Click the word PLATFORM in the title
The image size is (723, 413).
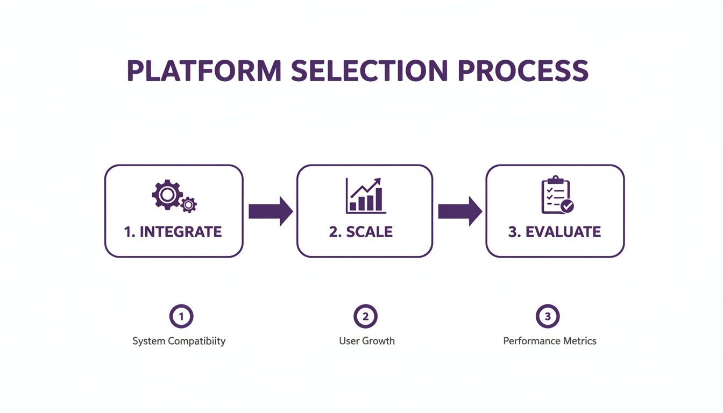click(203, 72)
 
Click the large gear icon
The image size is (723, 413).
click(167, 194)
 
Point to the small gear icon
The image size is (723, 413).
click(188, 205)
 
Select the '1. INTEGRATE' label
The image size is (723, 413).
click(173, 232)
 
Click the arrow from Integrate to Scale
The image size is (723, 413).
click(270, 211)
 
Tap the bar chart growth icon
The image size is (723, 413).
click(365, 196)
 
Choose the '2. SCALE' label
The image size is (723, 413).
click(361, 232)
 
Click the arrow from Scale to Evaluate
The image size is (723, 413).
click(460, 211)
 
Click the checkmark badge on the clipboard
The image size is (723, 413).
click(567, 206)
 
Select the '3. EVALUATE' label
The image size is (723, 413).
click(554, 232)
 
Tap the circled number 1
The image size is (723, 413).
click(181, 317)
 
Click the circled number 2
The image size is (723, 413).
click(365, 317)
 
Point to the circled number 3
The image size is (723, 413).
click(548, 317)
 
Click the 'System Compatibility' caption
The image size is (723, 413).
click(179, 341)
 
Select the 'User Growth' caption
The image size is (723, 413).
click(367, 341)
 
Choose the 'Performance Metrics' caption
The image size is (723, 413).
click(549, 341)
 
